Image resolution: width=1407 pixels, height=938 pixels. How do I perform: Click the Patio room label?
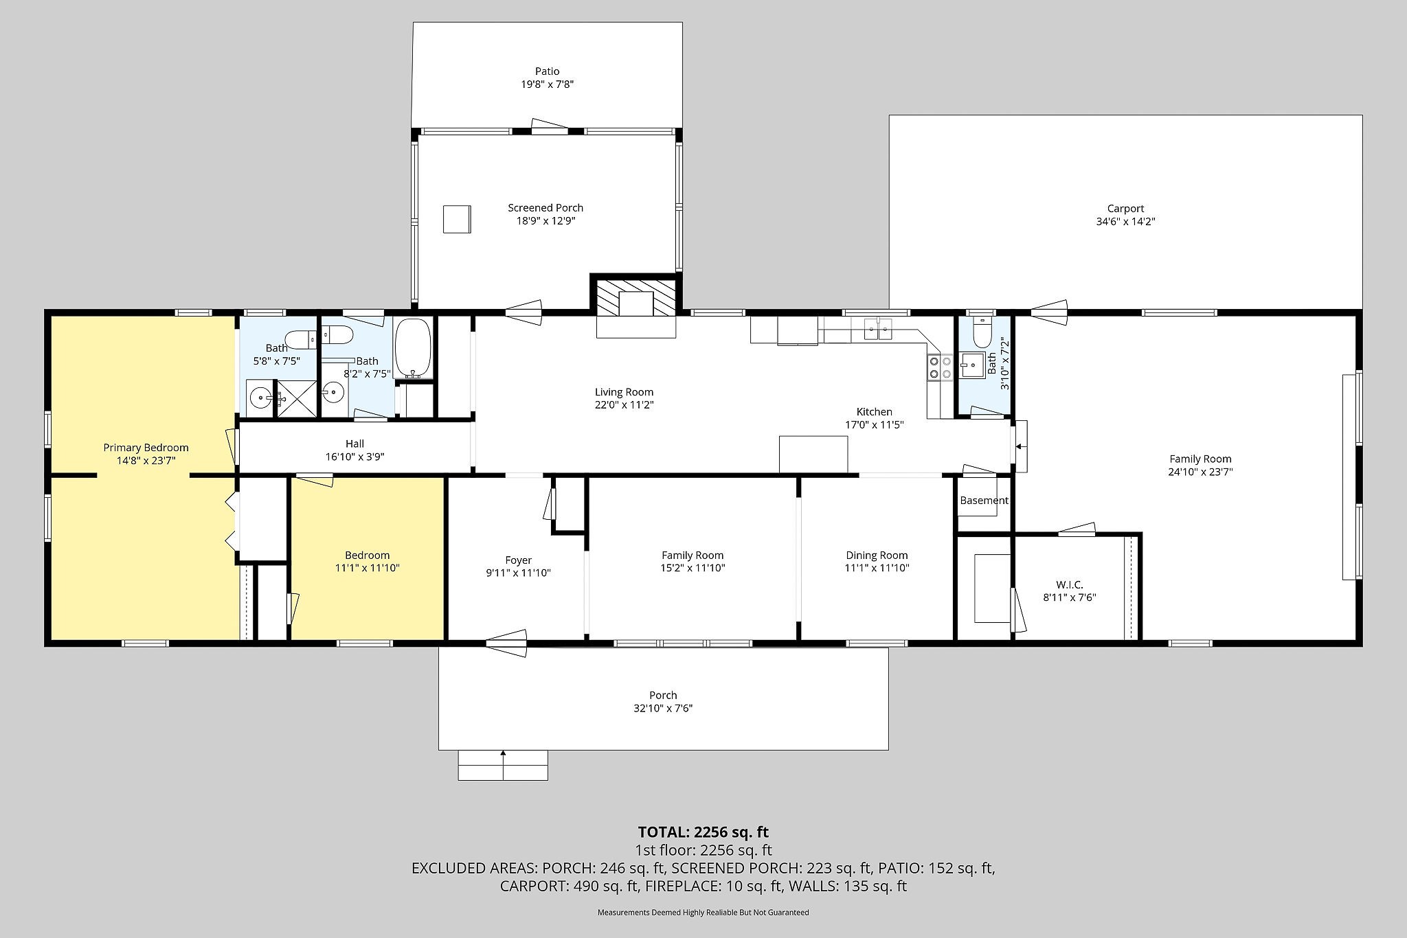[x=547, y=71]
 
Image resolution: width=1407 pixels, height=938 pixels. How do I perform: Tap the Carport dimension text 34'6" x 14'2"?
[x=1125, y=222]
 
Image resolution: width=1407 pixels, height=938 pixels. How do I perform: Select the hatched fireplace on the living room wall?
[x=635, y=297]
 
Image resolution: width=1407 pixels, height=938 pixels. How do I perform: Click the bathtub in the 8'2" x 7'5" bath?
[x=413, y=348]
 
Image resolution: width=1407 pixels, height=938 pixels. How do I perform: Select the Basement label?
[x=984, y=501]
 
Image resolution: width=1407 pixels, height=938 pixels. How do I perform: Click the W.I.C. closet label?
[x=1069, y=584]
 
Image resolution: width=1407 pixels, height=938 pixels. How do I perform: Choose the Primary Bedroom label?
[x=146, y=448]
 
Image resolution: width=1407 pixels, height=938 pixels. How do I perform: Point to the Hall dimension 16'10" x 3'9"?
[x=354, y=457]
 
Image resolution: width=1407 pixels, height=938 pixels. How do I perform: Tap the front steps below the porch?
[x=503, y=765]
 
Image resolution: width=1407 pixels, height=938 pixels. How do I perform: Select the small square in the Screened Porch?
[x=457, y=219]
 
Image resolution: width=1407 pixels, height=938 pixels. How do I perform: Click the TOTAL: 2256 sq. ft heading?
[x=703, y=832]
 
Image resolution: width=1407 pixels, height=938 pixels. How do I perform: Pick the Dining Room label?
[x=877, y=555]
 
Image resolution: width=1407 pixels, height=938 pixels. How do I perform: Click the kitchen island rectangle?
[x=813, y=454]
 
